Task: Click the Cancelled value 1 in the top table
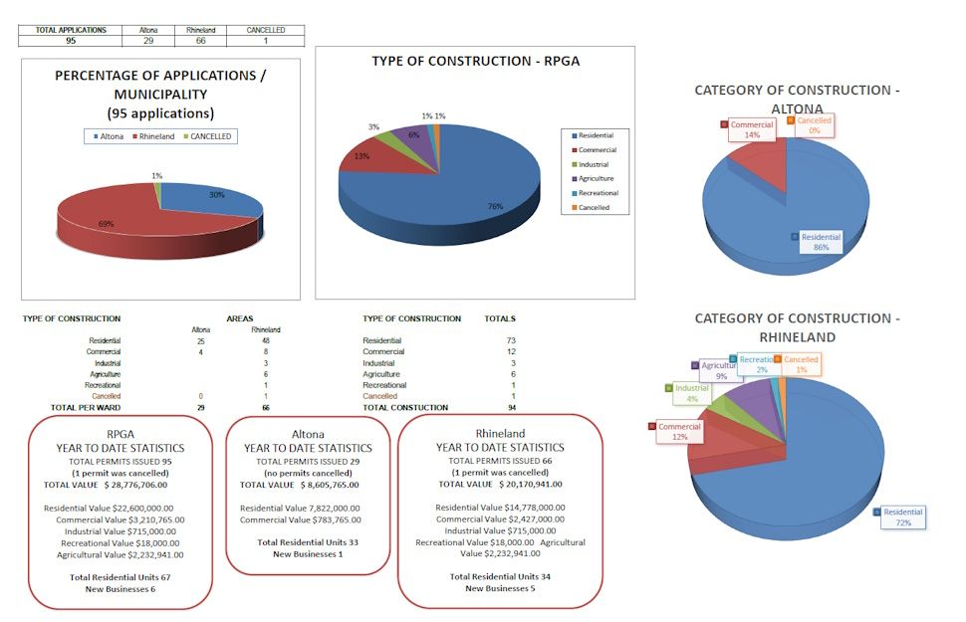coord(265,41)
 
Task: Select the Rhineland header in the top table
coord(201,30)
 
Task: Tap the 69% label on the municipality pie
coord(106,224)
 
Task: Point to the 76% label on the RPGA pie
coord(496,206)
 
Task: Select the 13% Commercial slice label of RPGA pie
coord(361,156)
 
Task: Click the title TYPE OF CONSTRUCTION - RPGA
coord(475,62)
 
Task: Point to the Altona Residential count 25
coord(202,340)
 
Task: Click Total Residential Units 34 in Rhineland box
coord(500,576)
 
